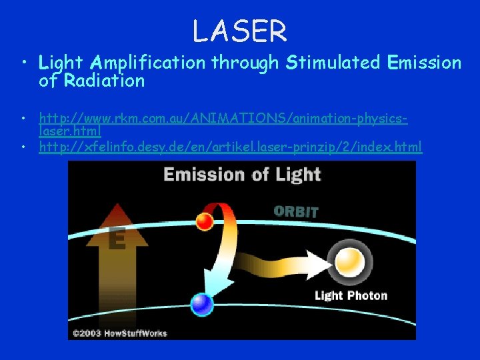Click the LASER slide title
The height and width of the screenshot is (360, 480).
(x=239, y=31)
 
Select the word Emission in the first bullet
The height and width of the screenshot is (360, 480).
(x=424, y=63)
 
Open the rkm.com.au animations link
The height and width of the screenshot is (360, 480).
(x=223, y=119)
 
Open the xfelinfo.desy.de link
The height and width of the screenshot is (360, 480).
(x=230, y=146)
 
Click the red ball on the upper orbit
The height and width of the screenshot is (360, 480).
(x=205, y=221)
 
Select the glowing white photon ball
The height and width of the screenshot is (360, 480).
(x=350, y=261)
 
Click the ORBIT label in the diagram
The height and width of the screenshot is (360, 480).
(x=296, y=212)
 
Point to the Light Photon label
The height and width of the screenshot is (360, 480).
(x=351, y=295)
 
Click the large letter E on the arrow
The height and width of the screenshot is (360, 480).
(x=117, y=238)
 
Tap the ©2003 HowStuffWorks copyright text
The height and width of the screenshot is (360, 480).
(x=120, y=332)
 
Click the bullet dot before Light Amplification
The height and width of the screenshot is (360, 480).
(x=25, y=64)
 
